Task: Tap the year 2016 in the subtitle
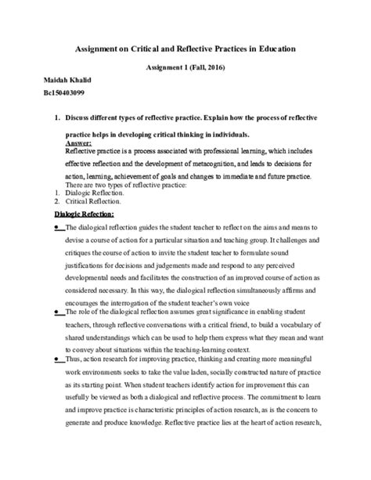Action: (x=211, y=69)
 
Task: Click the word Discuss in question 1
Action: (x=81, y=118)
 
